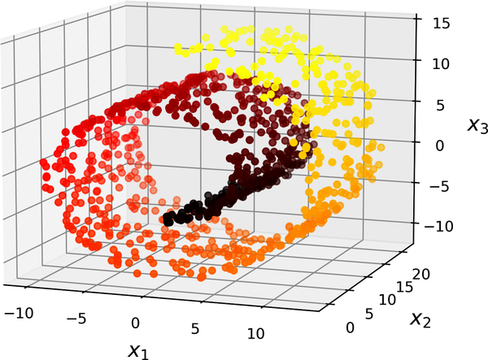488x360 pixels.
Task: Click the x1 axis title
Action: [139, 349]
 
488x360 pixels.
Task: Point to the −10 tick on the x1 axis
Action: [20, 312]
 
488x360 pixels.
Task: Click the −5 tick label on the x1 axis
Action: [77, 318]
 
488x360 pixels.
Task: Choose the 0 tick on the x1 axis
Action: [136, 323]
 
